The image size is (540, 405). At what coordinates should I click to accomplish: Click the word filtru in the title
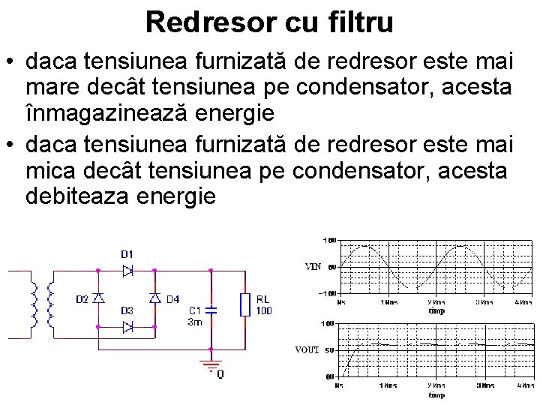click(x=358, y=22)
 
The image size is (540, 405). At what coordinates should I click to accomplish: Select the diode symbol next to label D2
click(x=99, y=298)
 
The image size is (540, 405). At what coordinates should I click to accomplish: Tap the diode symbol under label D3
click(x=127, y=326)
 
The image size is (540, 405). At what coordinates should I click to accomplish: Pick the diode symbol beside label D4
click(x=155, y=298)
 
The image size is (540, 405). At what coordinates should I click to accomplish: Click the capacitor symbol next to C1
click(x=211, y=308)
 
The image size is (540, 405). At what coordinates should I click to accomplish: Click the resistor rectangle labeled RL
click(x=244, y=304)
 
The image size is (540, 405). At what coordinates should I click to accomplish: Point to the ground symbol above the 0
click(x=211, y=365)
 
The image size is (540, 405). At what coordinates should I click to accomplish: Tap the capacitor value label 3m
click(x=194, y=321)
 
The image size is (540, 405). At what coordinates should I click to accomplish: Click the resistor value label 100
click(x=263, y=310)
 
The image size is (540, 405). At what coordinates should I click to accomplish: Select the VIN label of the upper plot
click(x=313, y=266)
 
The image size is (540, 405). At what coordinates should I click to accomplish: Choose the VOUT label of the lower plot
click(x=308, y=349)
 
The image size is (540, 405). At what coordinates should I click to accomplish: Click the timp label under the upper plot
click(x=436, y=310)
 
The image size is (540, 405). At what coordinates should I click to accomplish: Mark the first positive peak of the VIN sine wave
click(x=365, y=246)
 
